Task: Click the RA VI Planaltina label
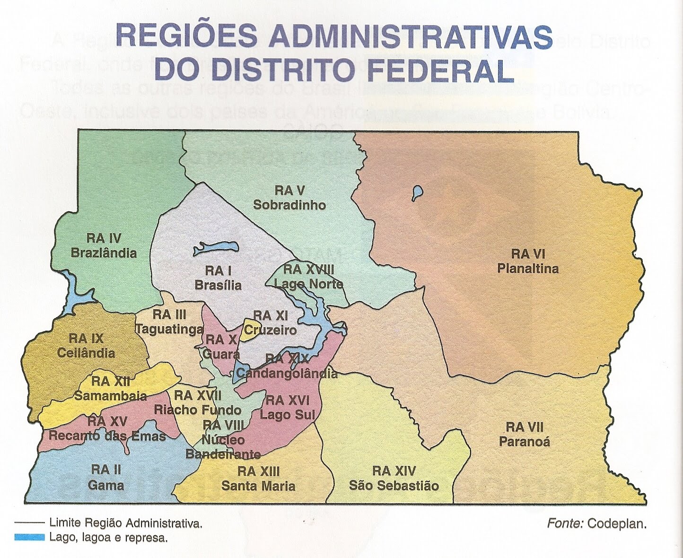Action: pyautogui.click(x=527, y=262)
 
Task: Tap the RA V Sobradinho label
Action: pyautogui.click(x=289, y=198)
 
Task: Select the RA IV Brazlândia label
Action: pyautogui.click(x=104, y=245)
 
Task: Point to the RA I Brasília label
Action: pyautogui.click(x=218, y=278)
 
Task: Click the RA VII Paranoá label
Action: pyautogui.click(x=525, y=435)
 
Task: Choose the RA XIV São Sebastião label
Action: pyautogui.click(x=394, y=478)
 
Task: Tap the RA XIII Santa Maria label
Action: pyautogui.click(x=258, y=479)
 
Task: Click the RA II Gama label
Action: pyautogui.click(x=106, y=478)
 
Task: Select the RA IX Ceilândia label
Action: pyautogui.click(x=86, y=346)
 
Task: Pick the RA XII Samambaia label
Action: pyautogui.click(x=110, y=389)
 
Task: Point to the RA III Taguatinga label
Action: pyautogui.click(x=169, y=322)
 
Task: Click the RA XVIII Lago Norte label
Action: pyautogui.click(x=308, y=277)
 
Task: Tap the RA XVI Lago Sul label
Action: pyautogui.click(x=287, y=408)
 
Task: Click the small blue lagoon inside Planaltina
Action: pyautogui.click(x=417, y=193)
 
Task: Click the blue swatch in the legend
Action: pyautogui.click(x=29, y=537)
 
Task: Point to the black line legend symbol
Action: pyautogui.click(x=29, y=523)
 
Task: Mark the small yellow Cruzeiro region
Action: pyautogui.click(x=248, y=330)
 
